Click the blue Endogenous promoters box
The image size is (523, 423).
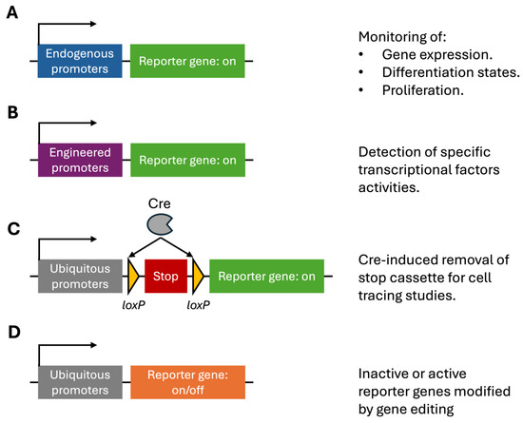click(79, 61)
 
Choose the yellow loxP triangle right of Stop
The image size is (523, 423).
click(198, 276)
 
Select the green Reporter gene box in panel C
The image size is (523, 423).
click(267, 276)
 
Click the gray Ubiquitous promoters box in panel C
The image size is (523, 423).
click(79, 276)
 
